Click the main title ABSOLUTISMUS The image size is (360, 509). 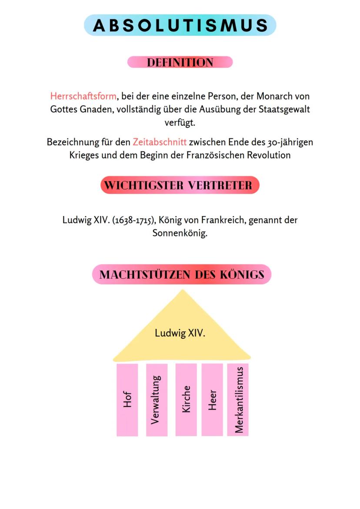180,25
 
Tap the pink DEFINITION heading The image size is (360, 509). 180,62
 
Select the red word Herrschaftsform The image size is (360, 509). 83,96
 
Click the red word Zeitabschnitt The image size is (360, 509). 160,142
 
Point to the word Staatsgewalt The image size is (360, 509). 284,110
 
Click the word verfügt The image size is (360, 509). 180,123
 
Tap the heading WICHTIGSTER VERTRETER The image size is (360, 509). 178,185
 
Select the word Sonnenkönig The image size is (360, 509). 180,233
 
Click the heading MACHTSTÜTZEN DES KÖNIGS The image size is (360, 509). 182,275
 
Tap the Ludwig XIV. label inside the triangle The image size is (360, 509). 180,333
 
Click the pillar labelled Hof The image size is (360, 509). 127,399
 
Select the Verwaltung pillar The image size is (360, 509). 157,399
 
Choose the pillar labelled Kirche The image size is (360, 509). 186,399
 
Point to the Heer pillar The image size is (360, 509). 212,399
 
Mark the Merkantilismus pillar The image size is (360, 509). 238,399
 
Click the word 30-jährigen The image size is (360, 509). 290,142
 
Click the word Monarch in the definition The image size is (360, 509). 272,96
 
